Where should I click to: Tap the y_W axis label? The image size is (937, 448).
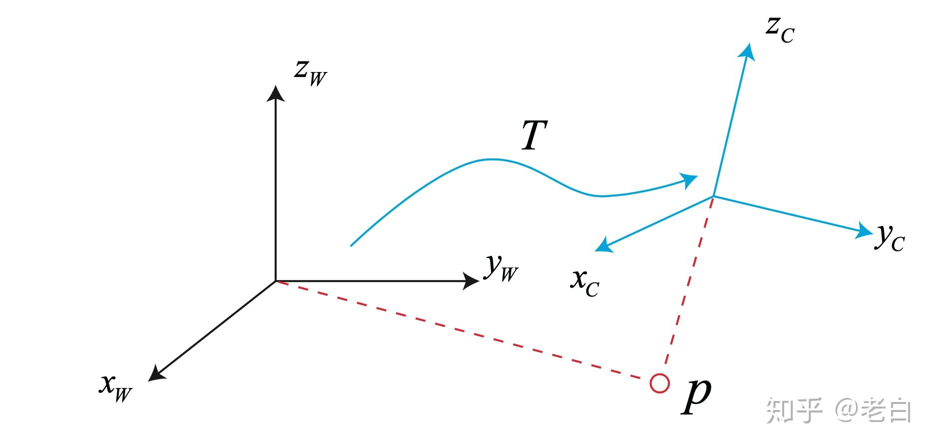tap(501, 268)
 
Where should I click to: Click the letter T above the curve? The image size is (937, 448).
tap(534, 135)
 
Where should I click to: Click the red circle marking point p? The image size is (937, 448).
tap(659, 383)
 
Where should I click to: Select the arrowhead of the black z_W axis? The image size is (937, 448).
tap(275, 93)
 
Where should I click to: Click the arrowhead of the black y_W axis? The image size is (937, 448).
tap(470, 281)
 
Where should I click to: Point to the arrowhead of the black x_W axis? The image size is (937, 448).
tap(156, 374)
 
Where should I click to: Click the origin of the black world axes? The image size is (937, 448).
tap(276, 281)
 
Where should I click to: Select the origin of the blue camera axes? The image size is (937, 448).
tap(713, 196)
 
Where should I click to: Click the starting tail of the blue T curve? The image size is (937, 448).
tap(352, 245)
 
